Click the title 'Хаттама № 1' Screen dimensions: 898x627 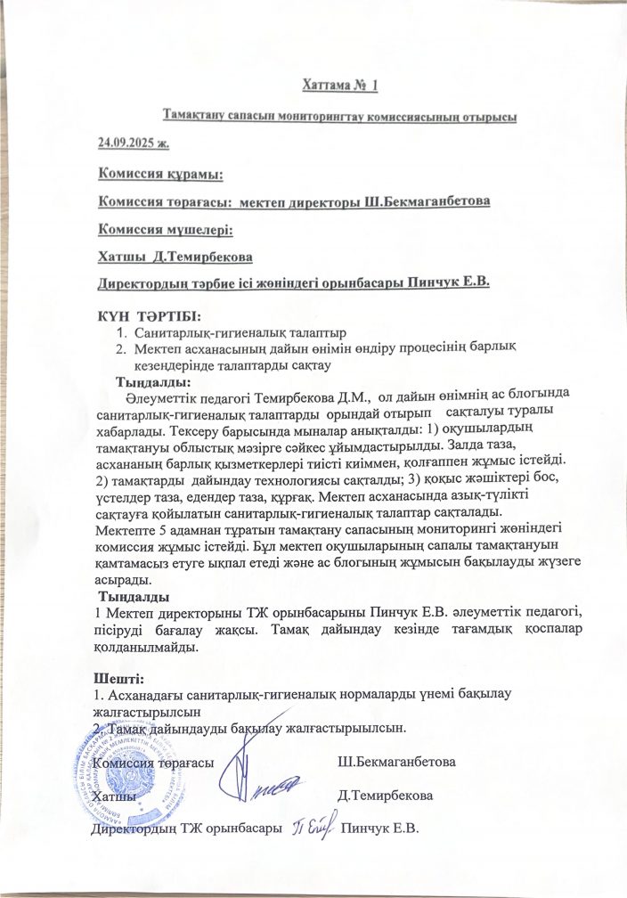click(x=338, y=86)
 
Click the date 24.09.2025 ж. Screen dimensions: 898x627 click(x=133, y=143)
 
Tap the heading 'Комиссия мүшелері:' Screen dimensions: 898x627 click(x=165, y=229)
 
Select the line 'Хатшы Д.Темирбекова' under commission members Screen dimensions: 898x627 click(x=175, y=257)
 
